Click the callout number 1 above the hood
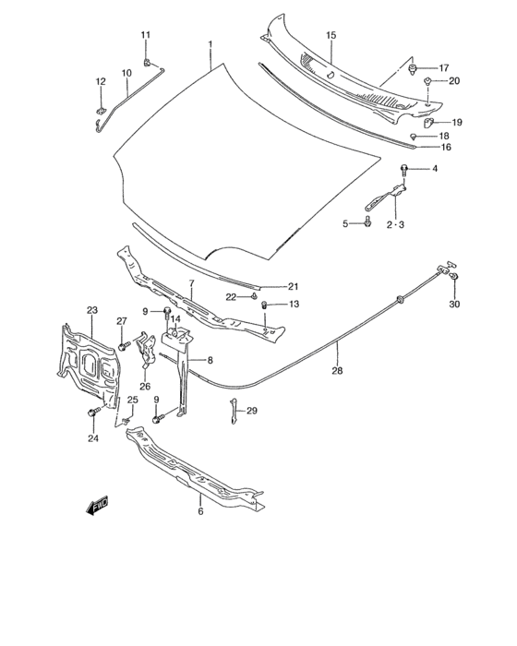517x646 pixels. tap(210, 44)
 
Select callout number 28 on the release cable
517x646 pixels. tap(336, 371)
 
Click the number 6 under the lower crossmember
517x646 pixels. tap(200, 509)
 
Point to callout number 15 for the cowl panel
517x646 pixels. tap(331, 35)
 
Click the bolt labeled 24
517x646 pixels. tap(93, 413)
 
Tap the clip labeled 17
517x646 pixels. tap(415, 68)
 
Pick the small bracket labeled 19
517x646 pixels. tap(430, 121)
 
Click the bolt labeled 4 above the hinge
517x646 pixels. tap(405, 169)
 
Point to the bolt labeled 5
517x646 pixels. tap(368, 222)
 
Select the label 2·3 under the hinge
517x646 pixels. tap(395, 224)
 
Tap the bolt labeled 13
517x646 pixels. tap(264, 305)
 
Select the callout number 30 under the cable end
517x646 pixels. tap(453, 305)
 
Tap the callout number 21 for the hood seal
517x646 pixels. tap(293, 286)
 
